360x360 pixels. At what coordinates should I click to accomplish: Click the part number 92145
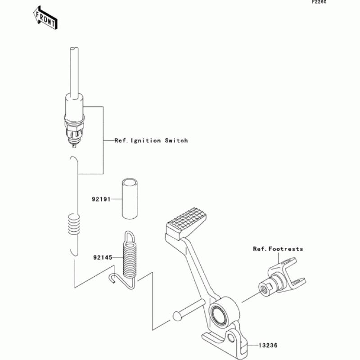point(102,258)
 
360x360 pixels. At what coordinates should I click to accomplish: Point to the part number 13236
point(268,346)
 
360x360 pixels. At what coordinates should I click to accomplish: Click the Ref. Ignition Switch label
point(151,141)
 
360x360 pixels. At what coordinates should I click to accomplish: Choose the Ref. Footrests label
point(278,249)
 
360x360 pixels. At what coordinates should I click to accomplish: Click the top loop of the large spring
point(129,236)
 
